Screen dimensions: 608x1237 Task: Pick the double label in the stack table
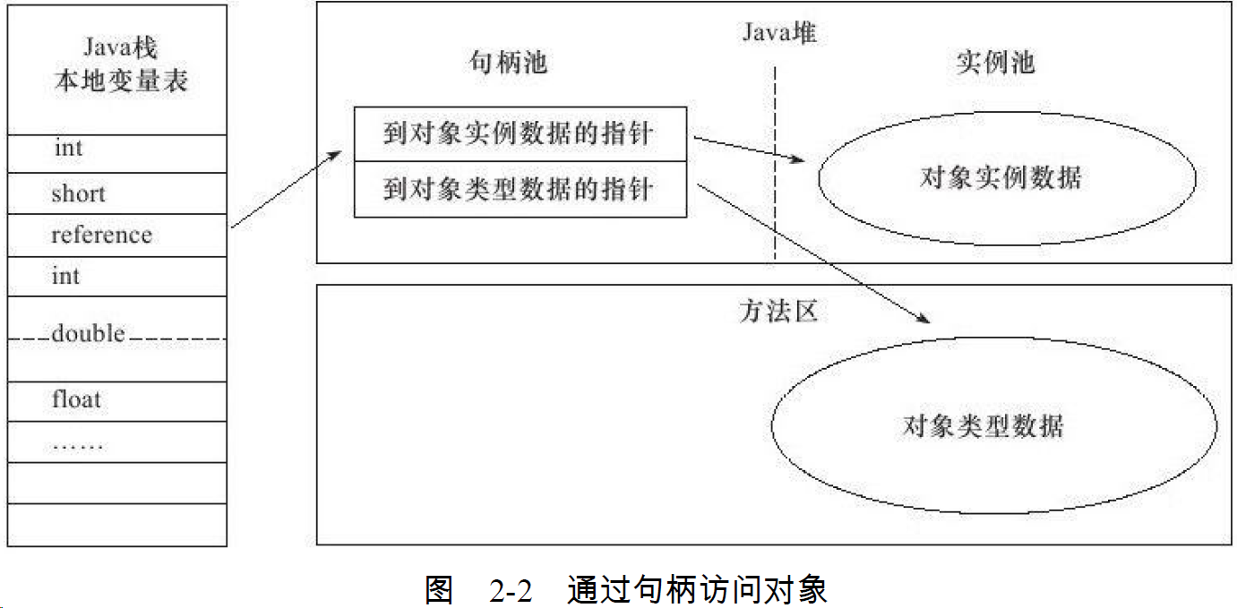pos(88,334)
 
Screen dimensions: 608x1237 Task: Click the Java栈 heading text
pos(120,46)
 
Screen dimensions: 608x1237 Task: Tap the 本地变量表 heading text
pos(120,81)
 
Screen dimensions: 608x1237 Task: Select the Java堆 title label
pos(779,33)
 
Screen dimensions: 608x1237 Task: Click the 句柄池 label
pos(508,62)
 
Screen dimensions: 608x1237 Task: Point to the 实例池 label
pos(995,62)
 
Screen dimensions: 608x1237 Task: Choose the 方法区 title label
pos(778,311)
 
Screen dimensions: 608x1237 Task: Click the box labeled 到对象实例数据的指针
pos(520,134)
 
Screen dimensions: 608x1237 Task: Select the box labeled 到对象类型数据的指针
pos(520,190)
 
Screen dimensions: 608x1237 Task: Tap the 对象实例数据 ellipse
pos(1008,177)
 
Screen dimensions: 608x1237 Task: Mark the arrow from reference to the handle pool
pos(286,189)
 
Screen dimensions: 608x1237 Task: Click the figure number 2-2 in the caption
pos(511,591)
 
